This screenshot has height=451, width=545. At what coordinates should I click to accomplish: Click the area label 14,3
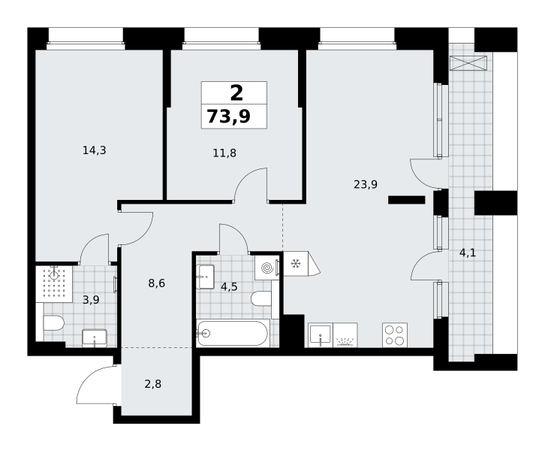94,150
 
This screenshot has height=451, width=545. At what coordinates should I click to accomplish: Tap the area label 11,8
224,153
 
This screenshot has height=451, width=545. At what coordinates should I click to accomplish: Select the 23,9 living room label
366,184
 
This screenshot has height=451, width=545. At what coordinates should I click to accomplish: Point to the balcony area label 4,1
468,253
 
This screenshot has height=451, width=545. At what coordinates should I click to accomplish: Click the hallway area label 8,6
156,283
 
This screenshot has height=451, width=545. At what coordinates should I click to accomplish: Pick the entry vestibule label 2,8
153,384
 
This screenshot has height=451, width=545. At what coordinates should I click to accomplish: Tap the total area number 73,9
229,117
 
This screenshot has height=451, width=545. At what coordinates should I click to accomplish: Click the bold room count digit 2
236,93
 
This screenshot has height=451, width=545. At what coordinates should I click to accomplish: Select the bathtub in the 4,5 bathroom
233,334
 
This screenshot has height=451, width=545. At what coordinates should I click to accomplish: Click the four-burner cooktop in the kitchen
395,335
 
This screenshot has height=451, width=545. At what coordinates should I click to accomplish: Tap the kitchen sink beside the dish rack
321,335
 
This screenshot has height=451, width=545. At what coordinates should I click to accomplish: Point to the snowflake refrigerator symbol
296,264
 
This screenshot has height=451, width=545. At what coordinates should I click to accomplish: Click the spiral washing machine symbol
267,268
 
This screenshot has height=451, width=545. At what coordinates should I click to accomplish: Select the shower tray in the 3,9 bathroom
54,284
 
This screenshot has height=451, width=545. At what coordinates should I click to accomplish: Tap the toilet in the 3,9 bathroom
53,324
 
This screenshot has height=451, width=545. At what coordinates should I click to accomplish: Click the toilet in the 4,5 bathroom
261,298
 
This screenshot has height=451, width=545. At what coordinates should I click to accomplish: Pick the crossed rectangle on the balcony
468,63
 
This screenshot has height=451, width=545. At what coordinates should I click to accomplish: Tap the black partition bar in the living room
407,200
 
